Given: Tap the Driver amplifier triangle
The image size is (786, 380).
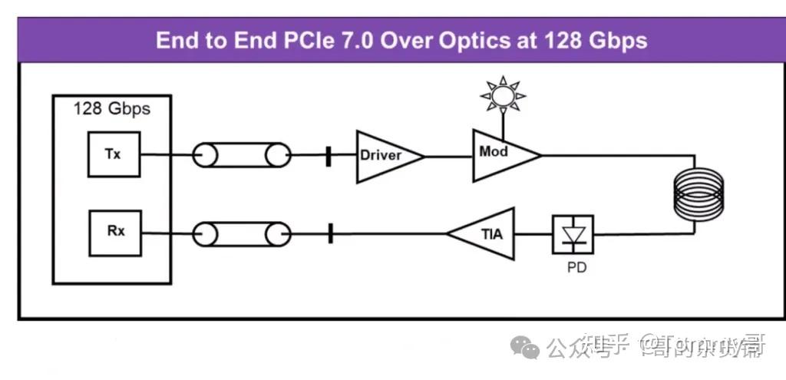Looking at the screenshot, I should click(386, 156).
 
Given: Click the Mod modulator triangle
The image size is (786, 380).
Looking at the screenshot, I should click(500, 154).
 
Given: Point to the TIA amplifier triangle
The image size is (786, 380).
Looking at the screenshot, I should click(485, 233).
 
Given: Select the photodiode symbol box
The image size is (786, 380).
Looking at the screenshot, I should click(573, 234).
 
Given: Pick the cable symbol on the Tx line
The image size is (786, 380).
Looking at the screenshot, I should click(242, 156).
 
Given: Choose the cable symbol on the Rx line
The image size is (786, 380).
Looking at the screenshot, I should click(242, 233).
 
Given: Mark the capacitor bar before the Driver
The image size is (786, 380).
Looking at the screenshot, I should click(329, 156).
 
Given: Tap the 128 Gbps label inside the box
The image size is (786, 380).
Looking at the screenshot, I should click(111, 108).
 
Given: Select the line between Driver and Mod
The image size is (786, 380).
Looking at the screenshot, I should click(448, 156).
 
